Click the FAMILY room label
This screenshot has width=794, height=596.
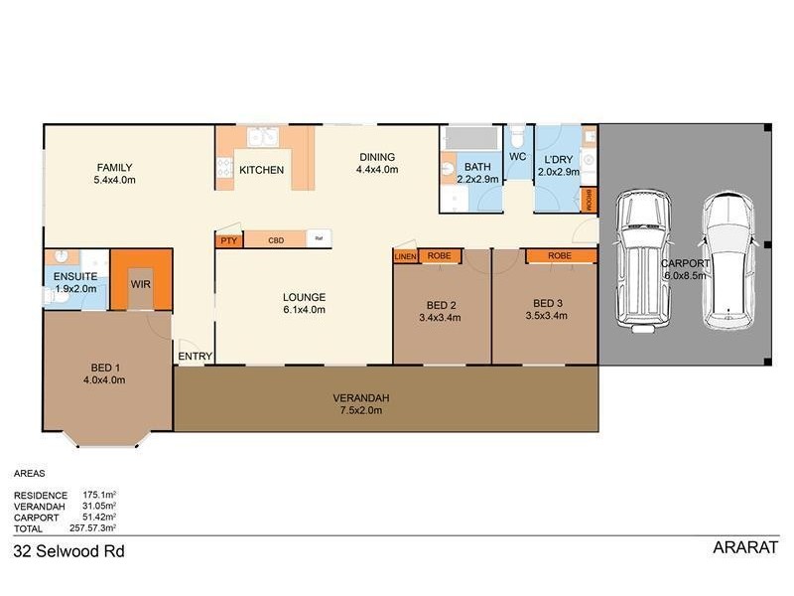[x=113, y=167]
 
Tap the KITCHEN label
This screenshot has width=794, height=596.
[x=262, y=171]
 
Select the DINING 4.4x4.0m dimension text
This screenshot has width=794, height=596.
[x=376, y=170]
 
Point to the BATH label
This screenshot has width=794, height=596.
[x=476, y=167]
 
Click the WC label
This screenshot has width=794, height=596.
[x=516, y=157]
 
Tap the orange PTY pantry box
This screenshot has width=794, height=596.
[x=228, y=240]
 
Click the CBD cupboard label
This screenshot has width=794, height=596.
[x=276, y=240]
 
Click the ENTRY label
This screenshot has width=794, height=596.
[x=193, y=357]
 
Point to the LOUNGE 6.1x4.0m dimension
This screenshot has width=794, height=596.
[x=304, y=310]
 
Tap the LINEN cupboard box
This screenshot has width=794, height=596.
[x=405, y=256]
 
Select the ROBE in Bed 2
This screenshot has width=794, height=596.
[x=439, y=256]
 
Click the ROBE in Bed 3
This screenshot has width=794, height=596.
[x=559, y=256]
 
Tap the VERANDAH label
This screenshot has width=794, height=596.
[x=359, y=397]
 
